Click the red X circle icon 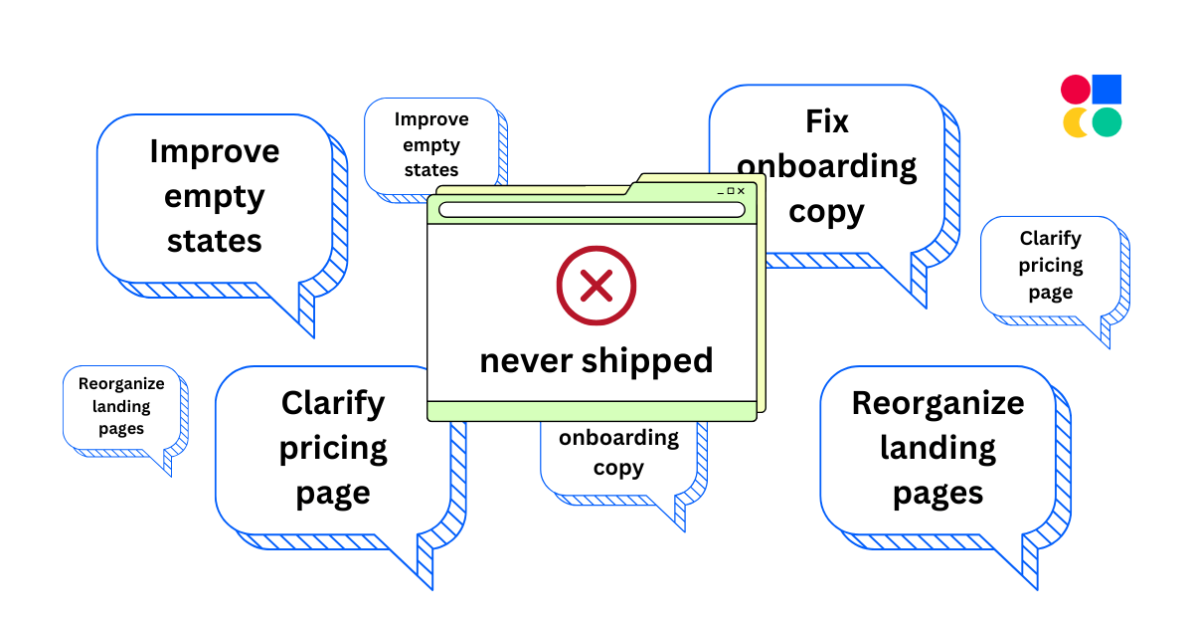[596, 287]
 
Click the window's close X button [741, 191]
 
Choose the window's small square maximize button [731, 191]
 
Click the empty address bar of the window [592, 210]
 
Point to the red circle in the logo [1076, 90]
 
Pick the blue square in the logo [1107, 90]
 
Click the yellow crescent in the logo [1074, 123]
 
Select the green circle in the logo [1107, 122]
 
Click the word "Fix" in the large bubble [827, 121]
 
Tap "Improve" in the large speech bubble [215, 151]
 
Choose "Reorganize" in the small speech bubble [121, 383]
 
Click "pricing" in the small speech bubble [1051, 266]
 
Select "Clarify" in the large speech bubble [333, 403]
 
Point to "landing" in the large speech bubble [937, 448]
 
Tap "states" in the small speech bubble [431, 170]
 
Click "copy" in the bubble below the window [618, 468]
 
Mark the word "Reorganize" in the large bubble [937, 403]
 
